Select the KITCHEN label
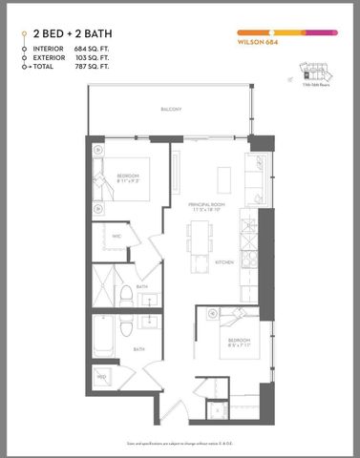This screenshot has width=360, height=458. [x=224, y=260]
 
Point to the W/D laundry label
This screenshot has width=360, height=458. [x=100, y=377]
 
